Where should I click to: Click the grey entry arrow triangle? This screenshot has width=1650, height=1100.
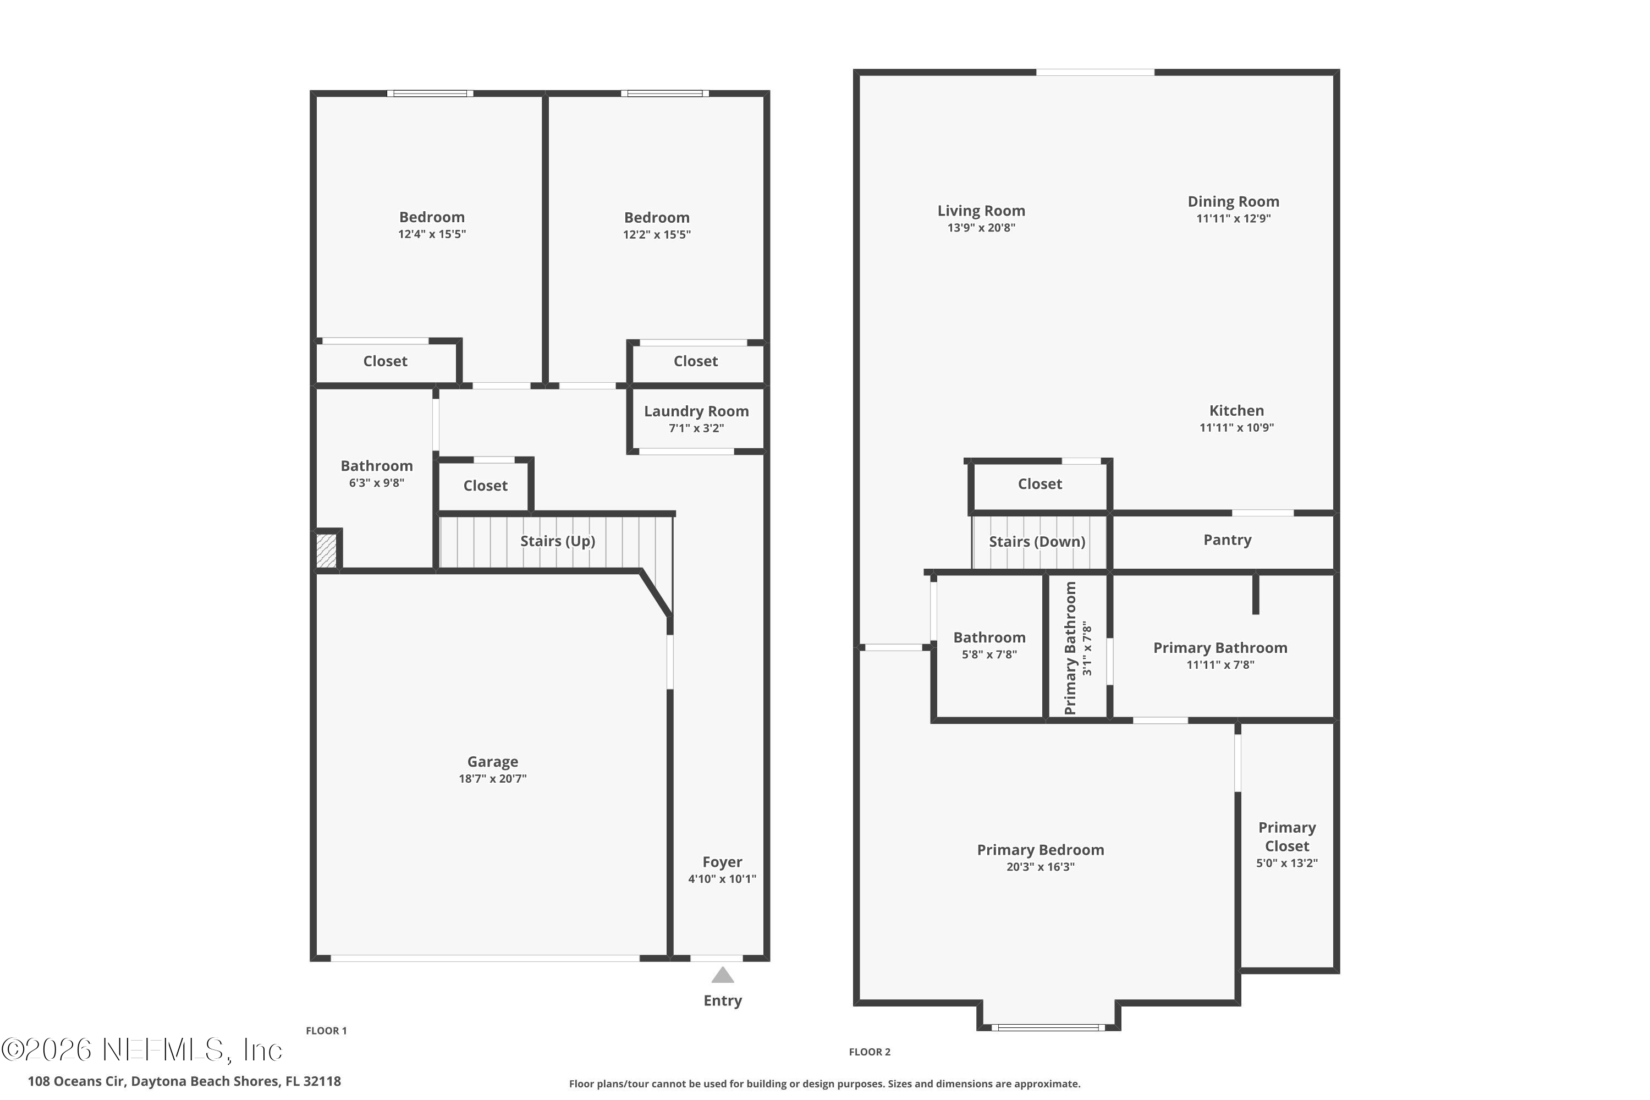point(723,975)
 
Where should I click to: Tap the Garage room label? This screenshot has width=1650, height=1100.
point(492,761)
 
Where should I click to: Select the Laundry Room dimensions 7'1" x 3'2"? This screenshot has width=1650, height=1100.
point(696,428)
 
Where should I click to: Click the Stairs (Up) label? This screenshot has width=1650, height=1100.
point(557,541)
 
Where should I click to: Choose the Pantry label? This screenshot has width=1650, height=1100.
point(1227,540)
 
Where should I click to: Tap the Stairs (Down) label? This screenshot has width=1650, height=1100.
point(1037,542)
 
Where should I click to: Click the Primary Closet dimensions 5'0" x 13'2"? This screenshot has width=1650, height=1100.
point(1286,863)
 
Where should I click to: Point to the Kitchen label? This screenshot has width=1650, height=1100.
point(1236,410)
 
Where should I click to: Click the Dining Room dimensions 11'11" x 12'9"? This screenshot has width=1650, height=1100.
point(1233,218)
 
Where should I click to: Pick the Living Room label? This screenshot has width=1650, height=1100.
point(981,211)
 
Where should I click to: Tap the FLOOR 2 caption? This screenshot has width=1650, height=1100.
point(869,1052)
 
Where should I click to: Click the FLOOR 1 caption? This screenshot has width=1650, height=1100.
point(326,1031)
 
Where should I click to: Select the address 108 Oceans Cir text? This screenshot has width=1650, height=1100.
point(184,1081)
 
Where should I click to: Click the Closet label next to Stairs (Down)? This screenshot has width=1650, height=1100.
point(1039,483)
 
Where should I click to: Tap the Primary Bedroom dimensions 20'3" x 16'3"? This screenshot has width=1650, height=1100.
point(1041,866)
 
